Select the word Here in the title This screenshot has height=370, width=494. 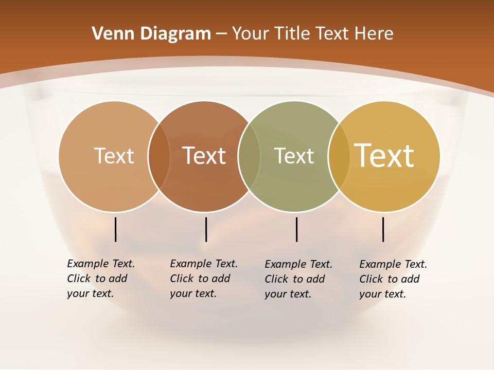pos(375,34)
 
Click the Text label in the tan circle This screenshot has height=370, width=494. pos(114,156)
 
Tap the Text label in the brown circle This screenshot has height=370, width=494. pos(204,156)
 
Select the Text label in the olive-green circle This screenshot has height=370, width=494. pos(294,156)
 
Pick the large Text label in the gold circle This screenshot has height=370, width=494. pos(384,156)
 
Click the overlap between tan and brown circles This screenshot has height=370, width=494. pos(159,156)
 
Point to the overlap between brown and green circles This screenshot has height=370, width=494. pos(249,156)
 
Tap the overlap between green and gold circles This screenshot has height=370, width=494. pos(339,156)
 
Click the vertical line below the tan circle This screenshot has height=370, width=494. pos(116,229)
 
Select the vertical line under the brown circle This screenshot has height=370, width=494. pos(206,229)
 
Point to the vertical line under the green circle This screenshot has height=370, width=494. pos(296,229)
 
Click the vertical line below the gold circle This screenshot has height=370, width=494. pos(383,229)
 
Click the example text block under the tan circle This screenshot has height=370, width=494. pos(100,279)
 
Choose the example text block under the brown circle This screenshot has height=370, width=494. pos(203,279)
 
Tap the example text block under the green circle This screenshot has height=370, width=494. pos(298,279)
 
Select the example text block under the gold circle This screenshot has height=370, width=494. pos(393,279)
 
